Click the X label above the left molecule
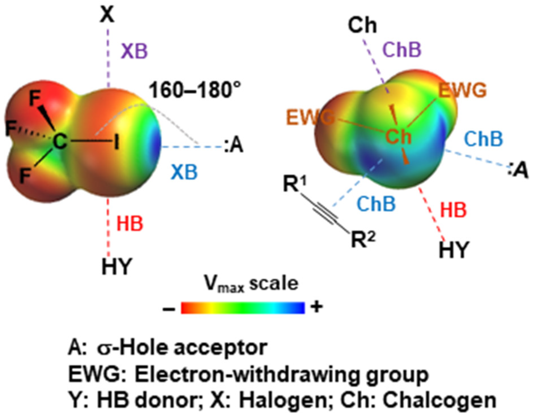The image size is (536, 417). coord(107,14)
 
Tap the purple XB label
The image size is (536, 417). coord(134,51)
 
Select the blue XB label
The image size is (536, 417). coord(184,172)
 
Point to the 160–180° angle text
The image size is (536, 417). coord(195,90)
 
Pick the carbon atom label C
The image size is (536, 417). coord(60,141)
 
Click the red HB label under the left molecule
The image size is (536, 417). coord(130,223)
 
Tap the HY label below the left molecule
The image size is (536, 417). coord(117,266)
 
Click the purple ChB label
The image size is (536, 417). coord(402,50)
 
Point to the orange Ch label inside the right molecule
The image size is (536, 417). coord(398,137)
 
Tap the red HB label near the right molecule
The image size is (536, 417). coord(453,210)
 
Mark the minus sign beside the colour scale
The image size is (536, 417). coord(169,309)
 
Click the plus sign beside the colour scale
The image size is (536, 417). coord(316,307)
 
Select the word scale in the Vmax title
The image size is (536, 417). coord(274,284)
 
